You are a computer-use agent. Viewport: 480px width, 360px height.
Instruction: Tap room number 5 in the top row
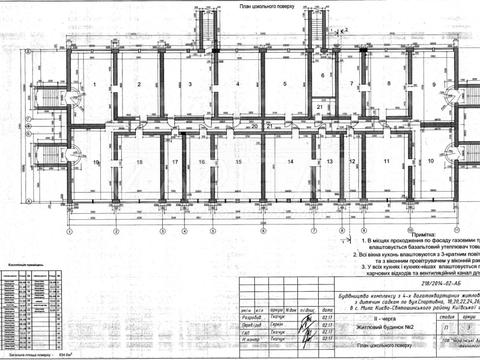(285, 84)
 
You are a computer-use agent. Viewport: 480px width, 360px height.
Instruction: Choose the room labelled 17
(174, 161)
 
